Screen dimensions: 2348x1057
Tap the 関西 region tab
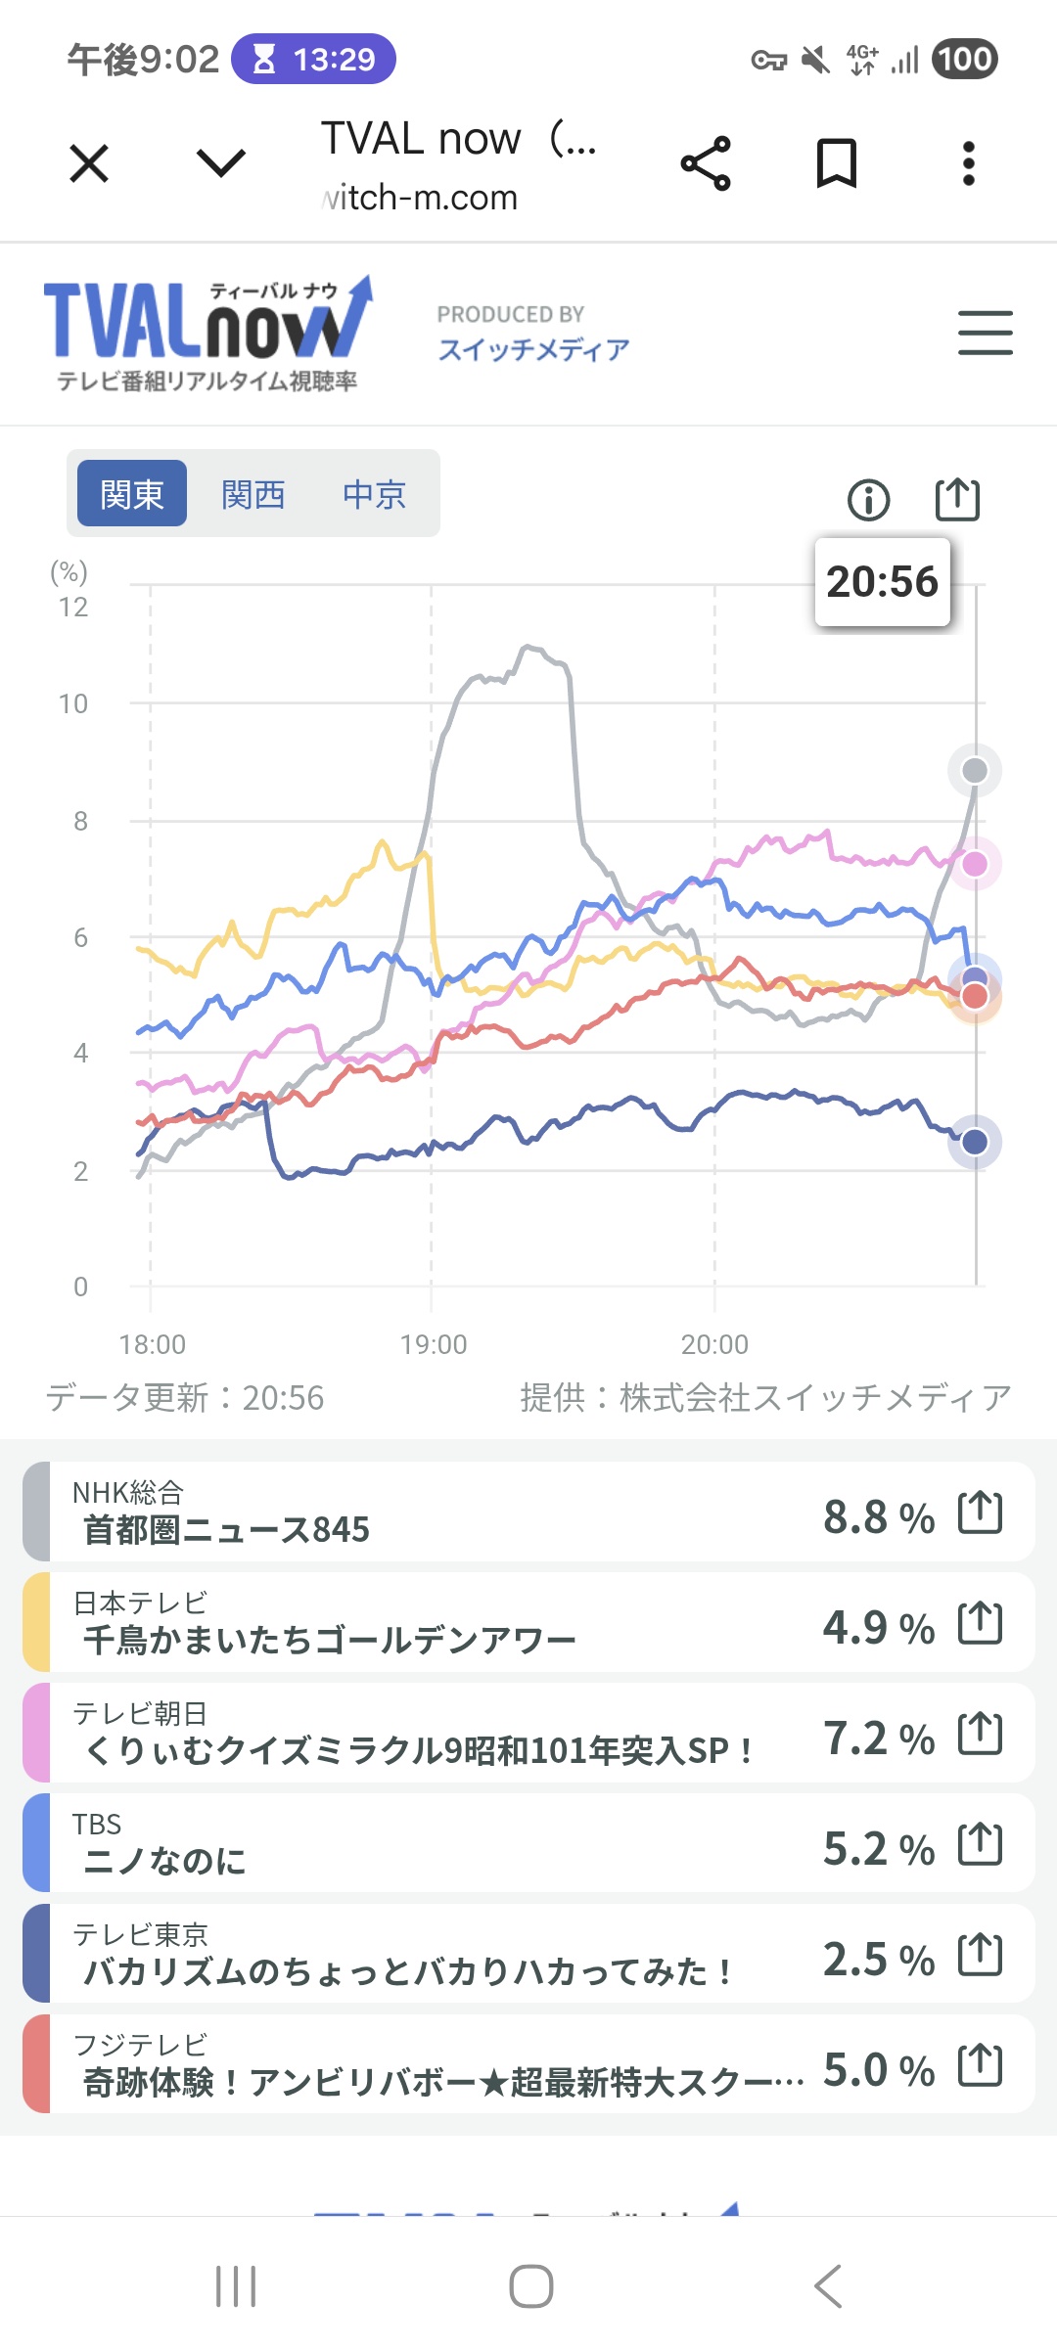pos(253,494)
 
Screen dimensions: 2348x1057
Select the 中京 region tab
pos(374,494)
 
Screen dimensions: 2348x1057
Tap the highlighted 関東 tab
pos(132,494)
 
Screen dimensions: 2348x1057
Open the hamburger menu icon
pos(985,333)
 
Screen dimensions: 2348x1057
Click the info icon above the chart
pos(868,500)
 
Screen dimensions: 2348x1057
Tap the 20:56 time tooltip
pos(882,581)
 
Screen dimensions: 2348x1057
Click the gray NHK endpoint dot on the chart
pos(974,771)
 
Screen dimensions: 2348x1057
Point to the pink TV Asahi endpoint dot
pos(975,864)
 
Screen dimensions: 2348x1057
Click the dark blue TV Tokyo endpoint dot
pos(975,1142)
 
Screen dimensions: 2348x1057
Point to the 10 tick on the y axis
pos(73,703)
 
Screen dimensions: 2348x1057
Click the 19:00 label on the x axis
pos(433,1344)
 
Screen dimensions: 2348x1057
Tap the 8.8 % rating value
pos(878,1516)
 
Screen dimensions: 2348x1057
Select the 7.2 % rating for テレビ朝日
pos(878,1738)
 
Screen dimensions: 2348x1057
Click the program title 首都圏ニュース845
pos(227,1529)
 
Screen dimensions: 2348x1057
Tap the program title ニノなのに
pos(164,1861)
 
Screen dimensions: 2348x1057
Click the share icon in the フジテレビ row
pos(980,2065)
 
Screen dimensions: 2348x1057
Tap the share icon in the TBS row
pos(980,1845)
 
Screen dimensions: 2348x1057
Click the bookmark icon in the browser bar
pos(837,162)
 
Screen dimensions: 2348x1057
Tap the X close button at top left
pos(89,162)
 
